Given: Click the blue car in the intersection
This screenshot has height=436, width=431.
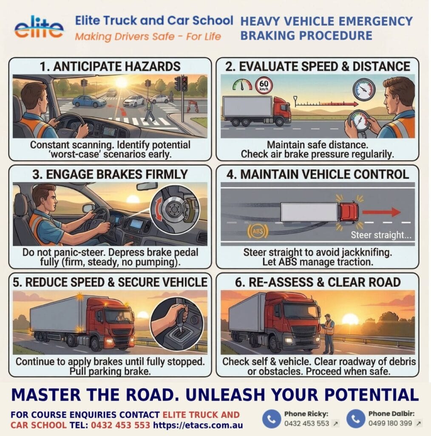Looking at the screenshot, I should point(89,101).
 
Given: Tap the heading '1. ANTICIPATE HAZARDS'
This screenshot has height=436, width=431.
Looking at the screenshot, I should point(110,66).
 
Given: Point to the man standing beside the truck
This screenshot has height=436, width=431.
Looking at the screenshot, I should point(328,333).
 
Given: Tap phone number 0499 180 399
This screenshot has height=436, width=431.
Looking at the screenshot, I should point(390,423).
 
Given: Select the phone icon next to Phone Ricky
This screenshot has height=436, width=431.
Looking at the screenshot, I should point(271,419).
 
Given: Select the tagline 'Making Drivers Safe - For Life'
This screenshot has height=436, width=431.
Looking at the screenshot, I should point(148,37).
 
